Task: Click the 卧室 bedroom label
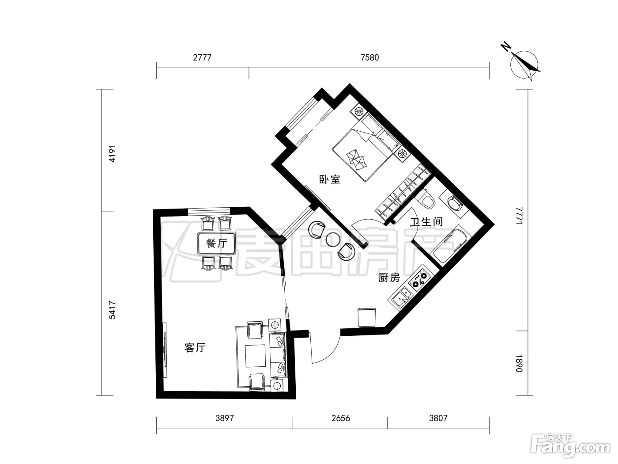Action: tap(330, 179)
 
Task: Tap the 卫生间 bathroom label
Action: tap(426, 222)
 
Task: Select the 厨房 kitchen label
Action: tap(389, 278)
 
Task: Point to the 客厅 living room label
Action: tap(195, 348)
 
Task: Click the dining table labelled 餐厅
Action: tap(216, 243)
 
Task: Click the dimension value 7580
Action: tap(369, 57)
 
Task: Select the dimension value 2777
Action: tap(202, 57)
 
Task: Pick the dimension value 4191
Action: tap(112, 154)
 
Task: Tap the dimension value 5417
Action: tap(112, 310)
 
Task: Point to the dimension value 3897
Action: tap(225, 418)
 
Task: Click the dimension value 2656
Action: tap(341, 418)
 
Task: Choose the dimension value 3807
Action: tap(438, 418)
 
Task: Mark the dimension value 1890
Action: tap(519, 363)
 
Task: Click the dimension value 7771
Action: tap(519, 216)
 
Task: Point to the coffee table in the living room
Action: tap(255, 356)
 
